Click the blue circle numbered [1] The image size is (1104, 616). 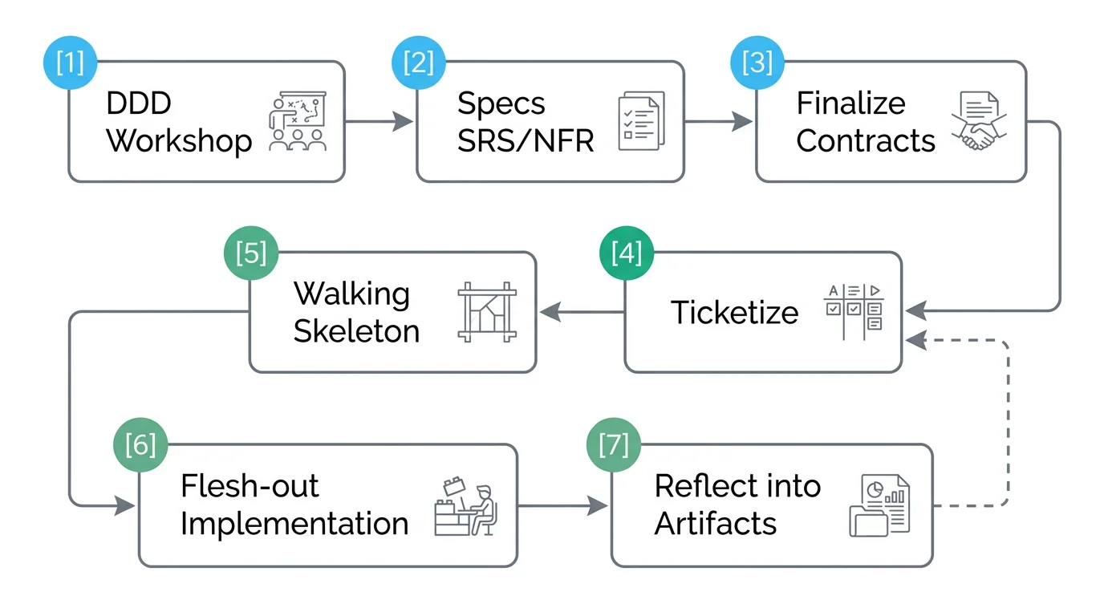(x=69, y=61)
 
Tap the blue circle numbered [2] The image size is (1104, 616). (x=418, y=61)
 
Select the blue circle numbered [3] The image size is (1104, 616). (x=757, y=61)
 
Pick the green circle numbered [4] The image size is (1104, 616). (x=627, y=253)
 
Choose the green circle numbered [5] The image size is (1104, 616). (x=251, y=253)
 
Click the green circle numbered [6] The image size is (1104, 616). (x=141, y=445)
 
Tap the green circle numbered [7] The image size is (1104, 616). (x=614, y=445)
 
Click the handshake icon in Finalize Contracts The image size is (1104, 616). (x=978, y=121)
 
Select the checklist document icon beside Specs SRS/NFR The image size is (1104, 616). (x=641, y=121)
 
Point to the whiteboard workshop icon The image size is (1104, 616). (x=298, y=121)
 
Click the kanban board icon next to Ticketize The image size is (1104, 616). (x=853, y=312)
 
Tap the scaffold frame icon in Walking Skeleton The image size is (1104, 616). (x=486, y=312)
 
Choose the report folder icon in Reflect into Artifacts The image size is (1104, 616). (x=880, y=505)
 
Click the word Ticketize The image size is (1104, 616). (x=734, y=313)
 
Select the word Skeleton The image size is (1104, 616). (x=356, y=331)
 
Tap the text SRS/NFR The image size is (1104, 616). (x=526, y=141)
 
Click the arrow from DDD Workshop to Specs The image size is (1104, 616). (x=379, y=122)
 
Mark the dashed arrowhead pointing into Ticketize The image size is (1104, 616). (x=915, y=340)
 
